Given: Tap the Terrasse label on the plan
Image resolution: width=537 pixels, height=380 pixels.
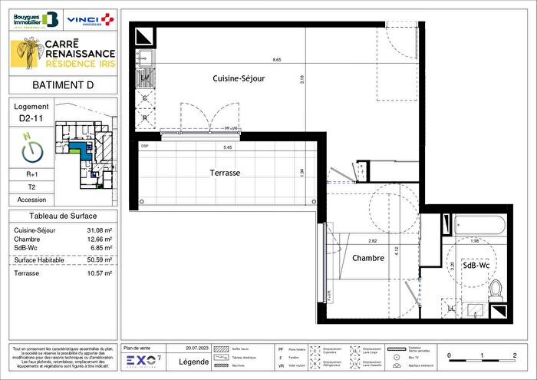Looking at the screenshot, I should click(225, 173).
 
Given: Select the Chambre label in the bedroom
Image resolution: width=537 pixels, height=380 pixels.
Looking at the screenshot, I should click(368, 259).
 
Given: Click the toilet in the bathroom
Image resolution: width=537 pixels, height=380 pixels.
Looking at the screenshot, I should click(495, 290).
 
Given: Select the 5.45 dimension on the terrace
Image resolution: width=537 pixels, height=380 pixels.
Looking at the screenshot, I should click(228, 147).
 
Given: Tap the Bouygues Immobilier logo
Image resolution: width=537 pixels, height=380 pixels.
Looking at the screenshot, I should click(36, 18).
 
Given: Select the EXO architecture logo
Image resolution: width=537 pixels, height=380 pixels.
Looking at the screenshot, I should click(144, 360).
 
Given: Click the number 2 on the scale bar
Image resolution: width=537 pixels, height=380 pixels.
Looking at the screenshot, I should click(513, 355).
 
